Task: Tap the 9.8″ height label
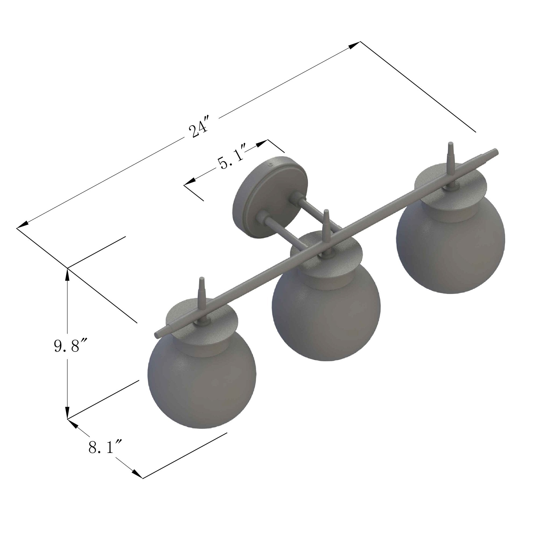click(67, 346)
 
